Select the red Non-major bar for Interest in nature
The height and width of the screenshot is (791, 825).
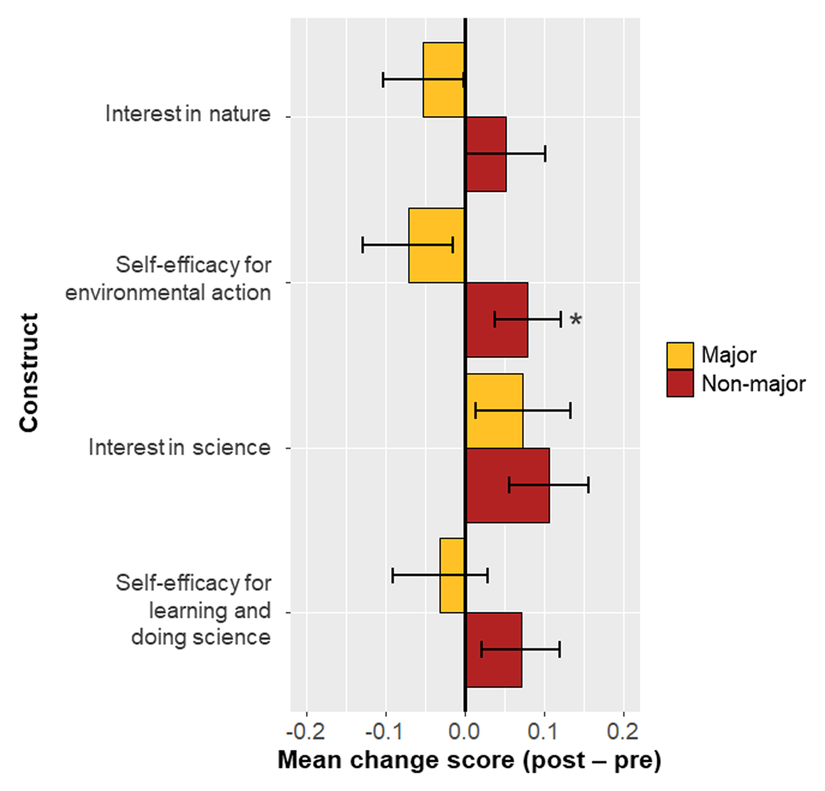point(486,172)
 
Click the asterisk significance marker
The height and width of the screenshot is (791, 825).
point(576,320)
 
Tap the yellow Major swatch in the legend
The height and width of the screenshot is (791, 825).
point(680,355)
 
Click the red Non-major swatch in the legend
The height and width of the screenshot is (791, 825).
point(680,383)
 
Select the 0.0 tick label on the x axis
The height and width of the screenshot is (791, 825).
point(465,731)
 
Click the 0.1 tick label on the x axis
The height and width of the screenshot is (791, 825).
point(544,731)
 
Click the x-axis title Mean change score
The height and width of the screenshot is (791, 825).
point(469,760)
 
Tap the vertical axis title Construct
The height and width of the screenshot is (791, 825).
point(29,372)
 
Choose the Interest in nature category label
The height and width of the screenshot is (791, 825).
point(188,114)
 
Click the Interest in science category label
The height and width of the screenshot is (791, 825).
point(179,448)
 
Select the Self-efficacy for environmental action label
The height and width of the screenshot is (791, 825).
point(168,278)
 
